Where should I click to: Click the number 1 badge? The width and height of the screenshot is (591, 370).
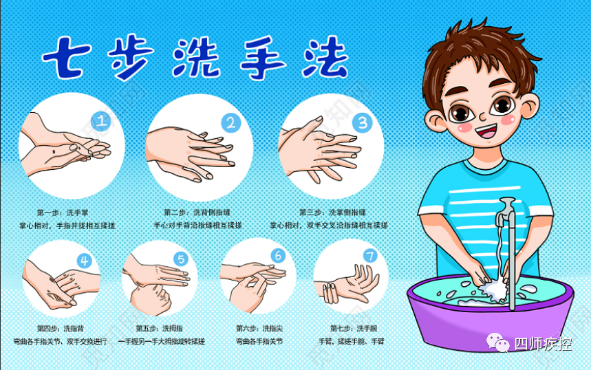[x=102, y=122]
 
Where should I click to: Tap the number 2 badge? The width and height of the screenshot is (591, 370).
[x=230, y=123]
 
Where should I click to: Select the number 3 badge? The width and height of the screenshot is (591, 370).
[x=362, y=122]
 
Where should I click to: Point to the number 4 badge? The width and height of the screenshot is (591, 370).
[x=85, y=260]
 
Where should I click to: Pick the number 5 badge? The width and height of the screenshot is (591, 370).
[x=181, y=259]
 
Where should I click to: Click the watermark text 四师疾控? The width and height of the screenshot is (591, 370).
[x=543, y=343]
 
